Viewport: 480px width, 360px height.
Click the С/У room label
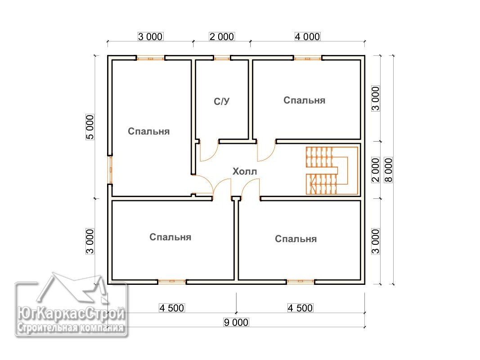pyautogui.click(x=221, y=101)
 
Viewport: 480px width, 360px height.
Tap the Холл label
pyautogui.click(x=245, y=171)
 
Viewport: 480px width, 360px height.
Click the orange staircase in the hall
pyautogui.click(x=332, y=171)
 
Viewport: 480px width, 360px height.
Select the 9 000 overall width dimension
pyautogui.click(x=236, y=322)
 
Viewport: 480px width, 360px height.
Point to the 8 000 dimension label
pyautogui.click(x=388, y=170)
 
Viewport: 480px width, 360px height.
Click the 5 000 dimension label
pyautogui.click(x=90, y=127)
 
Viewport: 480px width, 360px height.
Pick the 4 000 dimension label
pyautogui.click(x=307, y=36)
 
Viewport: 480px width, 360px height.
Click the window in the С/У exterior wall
pyautogui.click(x=222, y=58)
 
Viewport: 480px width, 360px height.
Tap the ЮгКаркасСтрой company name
pyautogui.click(x=71, y=314)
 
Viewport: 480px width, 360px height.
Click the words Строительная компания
pyautogui.click(x=71, y=328)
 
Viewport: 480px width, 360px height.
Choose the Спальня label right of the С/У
pyautogui.click(x=304, y=100)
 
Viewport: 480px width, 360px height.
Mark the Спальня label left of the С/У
pyautogui.click(x=149, y=131)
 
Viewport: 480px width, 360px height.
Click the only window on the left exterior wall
pyautogui.click(x=110, y=170)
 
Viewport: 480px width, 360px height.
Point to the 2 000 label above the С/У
pyautogui.click(x=222, y=36)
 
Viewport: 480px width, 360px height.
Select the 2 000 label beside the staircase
pyautogui.click(x=375, y=170)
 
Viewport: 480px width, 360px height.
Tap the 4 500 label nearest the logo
pyautogui.click(x=172, y=308)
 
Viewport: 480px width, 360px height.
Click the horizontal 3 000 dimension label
pyautogui.click(x=150, y=36)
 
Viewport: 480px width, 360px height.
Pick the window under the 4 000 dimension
pyautogui.click(x=308, y=58)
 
